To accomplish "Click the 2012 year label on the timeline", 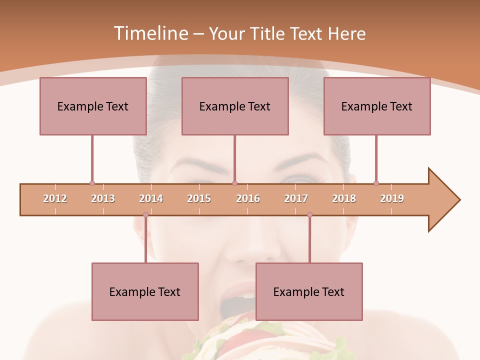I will (x=55, y=198).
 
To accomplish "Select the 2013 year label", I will (x=103, y=198).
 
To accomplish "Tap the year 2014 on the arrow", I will (x=151, y=198).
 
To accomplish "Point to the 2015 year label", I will (x=199, y=198).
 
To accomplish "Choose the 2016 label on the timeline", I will (x=248, y=198).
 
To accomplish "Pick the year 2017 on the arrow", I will (x=296, y=198).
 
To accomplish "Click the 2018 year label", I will (x=344, y=198).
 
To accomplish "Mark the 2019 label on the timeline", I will (x=392, y=198).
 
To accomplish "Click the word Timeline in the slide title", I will (x=150, y=33).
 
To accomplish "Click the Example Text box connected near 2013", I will (x=93, y=106).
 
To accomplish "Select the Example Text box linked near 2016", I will (x=235, y=106).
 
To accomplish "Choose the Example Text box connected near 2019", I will (x=377, y=106).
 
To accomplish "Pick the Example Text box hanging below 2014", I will (x=145, y=291).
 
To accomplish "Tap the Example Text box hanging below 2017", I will (x=309, y=291).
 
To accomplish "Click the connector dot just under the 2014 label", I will (x=145, y=215).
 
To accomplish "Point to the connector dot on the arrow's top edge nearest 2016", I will (x=234, y=183).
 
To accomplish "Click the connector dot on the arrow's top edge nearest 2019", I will (x=376, y=183).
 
